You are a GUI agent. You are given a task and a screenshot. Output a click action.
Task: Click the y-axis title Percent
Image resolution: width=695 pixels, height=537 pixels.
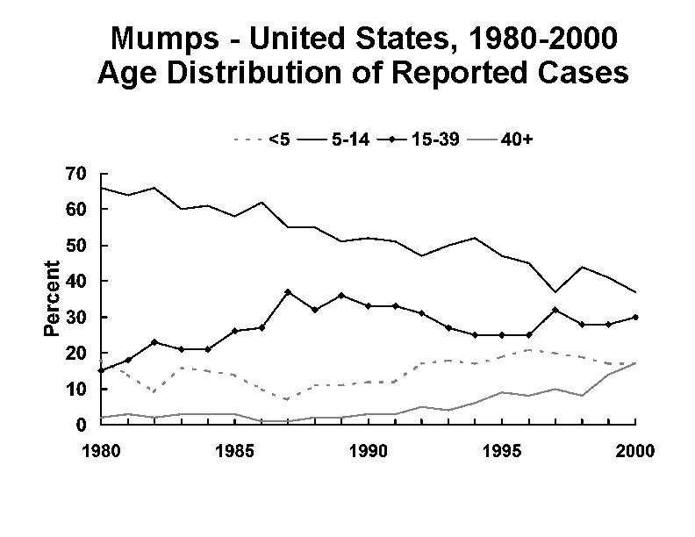53,298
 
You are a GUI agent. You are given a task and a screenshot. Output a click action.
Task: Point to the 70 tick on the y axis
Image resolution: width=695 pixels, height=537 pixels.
75,174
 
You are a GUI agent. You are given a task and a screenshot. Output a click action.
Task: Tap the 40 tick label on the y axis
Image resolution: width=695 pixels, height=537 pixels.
75,281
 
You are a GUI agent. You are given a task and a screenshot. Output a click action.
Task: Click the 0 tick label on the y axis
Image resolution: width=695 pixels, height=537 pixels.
81,425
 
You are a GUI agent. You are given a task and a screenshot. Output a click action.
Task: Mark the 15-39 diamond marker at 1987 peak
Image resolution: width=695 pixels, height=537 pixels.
287,291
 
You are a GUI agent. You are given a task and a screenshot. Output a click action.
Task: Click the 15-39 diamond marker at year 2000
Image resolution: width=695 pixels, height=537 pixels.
635,317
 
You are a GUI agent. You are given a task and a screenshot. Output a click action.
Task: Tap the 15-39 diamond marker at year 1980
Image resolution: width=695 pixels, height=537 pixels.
100,370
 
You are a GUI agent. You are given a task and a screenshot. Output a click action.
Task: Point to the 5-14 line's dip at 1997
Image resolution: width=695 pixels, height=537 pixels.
554,291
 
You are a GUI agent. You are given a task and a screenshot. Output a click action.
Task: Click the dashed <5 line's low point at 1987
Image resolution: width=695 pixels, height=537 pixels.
287,399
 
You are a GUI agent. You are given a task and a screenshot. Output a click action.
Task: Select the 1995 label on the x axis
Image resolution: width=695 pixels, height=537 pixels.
499,452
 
